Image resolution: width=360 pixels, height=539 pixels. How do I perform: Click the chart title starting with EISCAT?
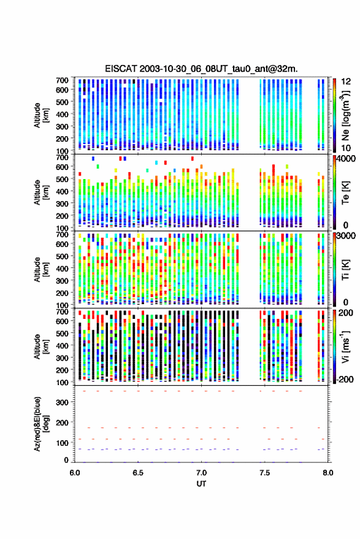[x=202, y=69]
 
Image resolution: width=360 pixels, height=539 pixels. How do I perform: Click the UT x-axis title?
[x=201, y=484]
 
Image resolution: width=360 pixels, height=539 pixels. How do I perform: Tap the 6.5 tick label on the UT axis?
[x=138, y=473]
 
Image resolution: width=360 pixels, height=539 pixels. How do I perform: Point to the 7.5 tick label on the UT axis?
[x=264, y=473]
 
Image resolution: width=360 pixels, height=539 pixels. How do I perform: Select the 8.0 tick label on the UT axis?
[x=327, y=473]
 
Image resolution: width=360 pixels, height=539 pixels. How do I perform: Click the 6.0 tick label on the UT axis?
[x=75, y=473]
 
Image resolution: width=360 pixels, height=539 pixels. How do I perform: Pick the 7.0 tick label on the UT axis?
[x=201, y=473]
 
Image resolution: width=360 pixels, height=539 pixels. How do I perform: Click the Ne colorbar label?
[x=345, y=115]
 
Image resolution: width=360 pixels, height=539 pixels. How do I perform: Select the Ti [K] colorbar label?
[x=345, y=270]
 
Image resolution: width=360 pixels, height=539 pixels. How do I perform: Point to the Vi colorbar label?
[x=345, y=346]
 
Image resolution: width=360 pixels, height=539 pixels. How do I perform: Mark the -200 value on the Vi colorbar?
[x=345, y=379]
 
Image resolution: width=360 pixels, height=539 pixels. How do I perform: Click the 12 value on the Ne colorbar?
[x=346, y=82]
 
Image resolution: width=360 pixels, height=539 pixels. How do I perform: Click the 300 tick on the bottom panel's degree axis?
[x=62, y=402]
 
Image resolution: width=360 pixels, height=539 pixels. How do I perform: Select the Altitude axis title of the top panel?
[x=42, y=115]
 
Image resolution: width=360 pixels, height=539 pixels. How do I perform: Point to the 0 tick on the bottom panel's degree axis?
[x=66, y=460]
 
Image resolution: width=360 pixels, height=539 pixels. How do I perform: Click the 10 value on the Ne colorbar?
[x=346, y=148]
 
